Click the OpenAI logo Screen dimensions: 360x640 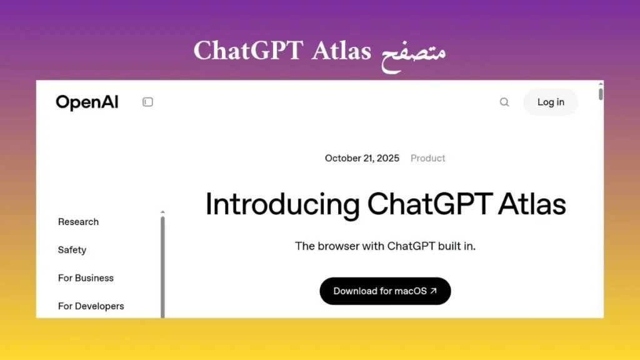click(x=87, y=102)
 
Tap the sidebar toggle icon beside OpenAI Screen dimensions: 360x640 click(x=147, y=102)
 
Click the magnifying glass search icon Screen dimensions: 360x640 click(x=504, y=102)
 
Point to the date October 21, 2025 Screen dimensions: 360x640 click(x=362, y=158)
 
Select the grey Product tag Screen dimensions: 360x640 click(x=427, y=158)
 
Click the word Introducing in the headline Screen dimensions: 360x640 click(x=282, y=204)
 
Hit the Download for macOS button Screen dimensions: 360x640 click(x=385, y=291)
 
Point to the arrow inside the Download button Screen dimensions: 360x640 click(x=434, y=291)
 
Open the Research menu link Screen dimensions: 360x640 click(x=78, y=222)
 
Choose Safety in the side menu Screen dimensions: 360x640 click(x=72, y=250)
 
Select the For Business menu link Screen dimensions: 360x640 click(x=86, y=278)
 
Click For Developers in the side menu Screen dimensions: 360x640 click(x=91, y=306)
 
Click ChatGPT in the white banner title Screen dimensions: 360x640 click(x=249, y=51)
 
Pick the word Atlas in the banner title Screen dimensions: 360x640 click(x=341, y=51)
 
